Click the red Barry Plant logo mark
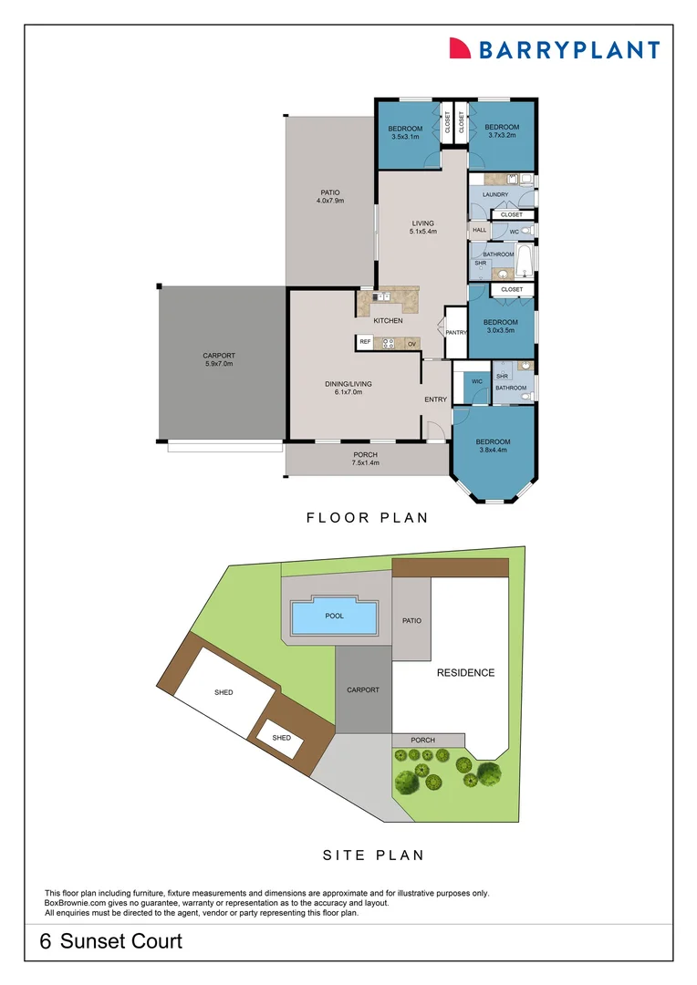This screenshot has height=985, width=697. [460, 48]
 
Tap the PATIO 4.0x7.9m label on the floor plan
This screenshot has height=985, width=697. [329, 196]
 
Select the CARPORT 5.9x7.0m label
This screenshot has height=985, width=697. [219, 359]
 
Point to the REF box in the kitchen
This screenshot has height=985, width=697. [365, 343]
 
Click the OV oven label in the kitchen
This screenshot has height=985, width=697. [411, 343]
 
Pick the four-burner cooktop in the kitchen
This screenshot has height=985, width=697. [388, 343]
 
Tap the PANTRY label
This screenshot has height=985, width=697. [455, 332]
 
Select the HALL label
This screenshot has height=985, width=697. [479, 231]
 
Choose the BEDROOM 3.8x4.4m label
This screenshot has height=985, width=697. [493, 446]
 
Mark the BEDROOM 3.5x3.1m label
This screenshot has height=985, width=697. [406, 132]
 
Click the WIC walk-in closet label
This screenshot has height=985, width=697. [476, 381]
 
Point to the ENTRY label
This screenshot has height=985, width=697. [435, 399]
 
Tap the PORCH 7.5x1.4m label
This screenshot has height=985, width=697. [365, 459]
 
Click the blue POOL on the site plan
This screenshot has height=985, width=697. [334, 617]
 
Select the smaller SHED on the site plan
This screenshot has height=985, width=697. [282, 737]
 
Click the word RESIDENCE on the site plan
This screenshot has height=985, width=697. [465, 673]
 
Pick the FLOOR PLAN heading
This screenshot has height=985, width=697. [367, 517]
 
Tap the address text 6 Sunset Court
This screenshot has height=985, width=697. [111, 941]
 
